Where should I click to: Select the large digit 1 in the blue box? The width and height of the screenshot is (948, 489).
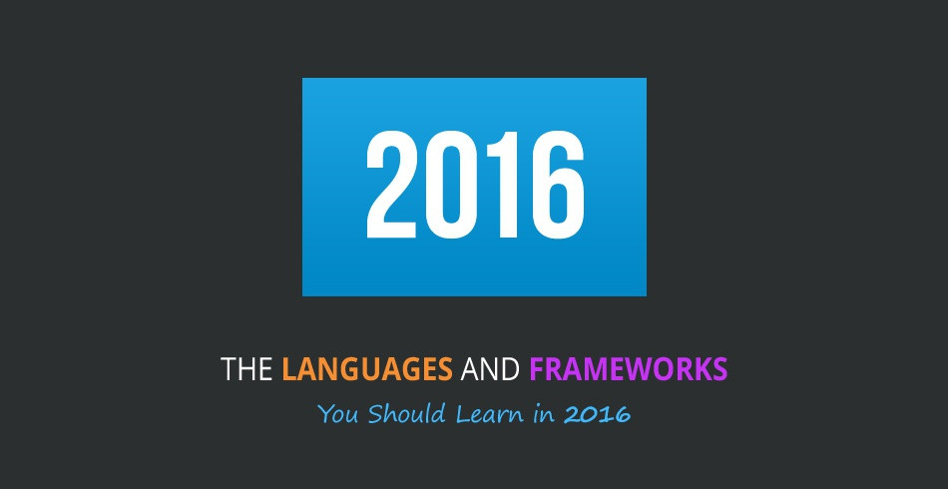click(x=502, y=187)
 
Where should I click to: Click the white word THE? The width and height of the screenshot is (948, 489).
click(x=246, y=370)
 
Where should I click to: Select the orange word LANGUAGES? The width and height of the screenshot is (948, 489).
click(x=366, y=370)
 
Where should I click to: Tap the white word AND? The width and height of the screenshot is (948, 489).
click(x=490, y=370)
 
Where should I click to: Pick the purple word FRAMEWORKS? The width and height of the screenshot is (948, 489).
click(x=628, y=370)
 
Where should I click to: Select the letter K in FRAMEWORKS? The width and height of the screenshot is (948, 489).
click(x=701, y=370)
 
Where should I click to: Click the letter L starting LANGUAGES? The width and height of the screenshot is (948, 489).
click(x=288, y=370)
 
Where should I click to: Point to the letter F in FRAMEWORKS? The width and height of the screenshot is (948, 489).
click(x=536, y=370)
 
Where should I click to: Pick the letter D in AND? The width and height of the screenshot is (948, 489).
click(x=510, y=370)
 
